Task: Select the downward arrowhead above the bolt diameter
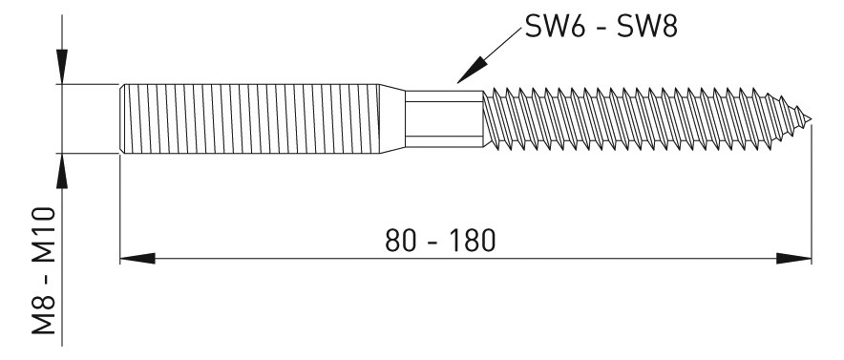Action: pos(63,70)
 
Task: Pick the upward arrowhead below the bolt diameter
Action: pos(63,167)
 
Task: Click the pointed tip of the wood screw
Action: pos(812,121)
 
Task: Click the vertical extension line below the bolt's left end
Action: pos(119,210)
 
